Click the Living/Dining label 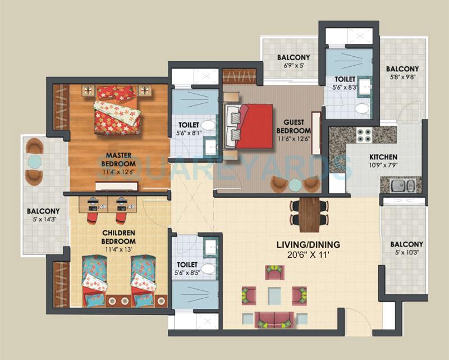[x=308, y=245]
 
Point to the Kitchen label [x=383, y=157]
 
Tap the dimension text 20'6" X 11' [x=308, y=256]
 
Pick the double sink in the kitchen [x=402, y=185]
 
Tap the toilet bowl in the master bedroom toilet [x=209, y=126]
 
